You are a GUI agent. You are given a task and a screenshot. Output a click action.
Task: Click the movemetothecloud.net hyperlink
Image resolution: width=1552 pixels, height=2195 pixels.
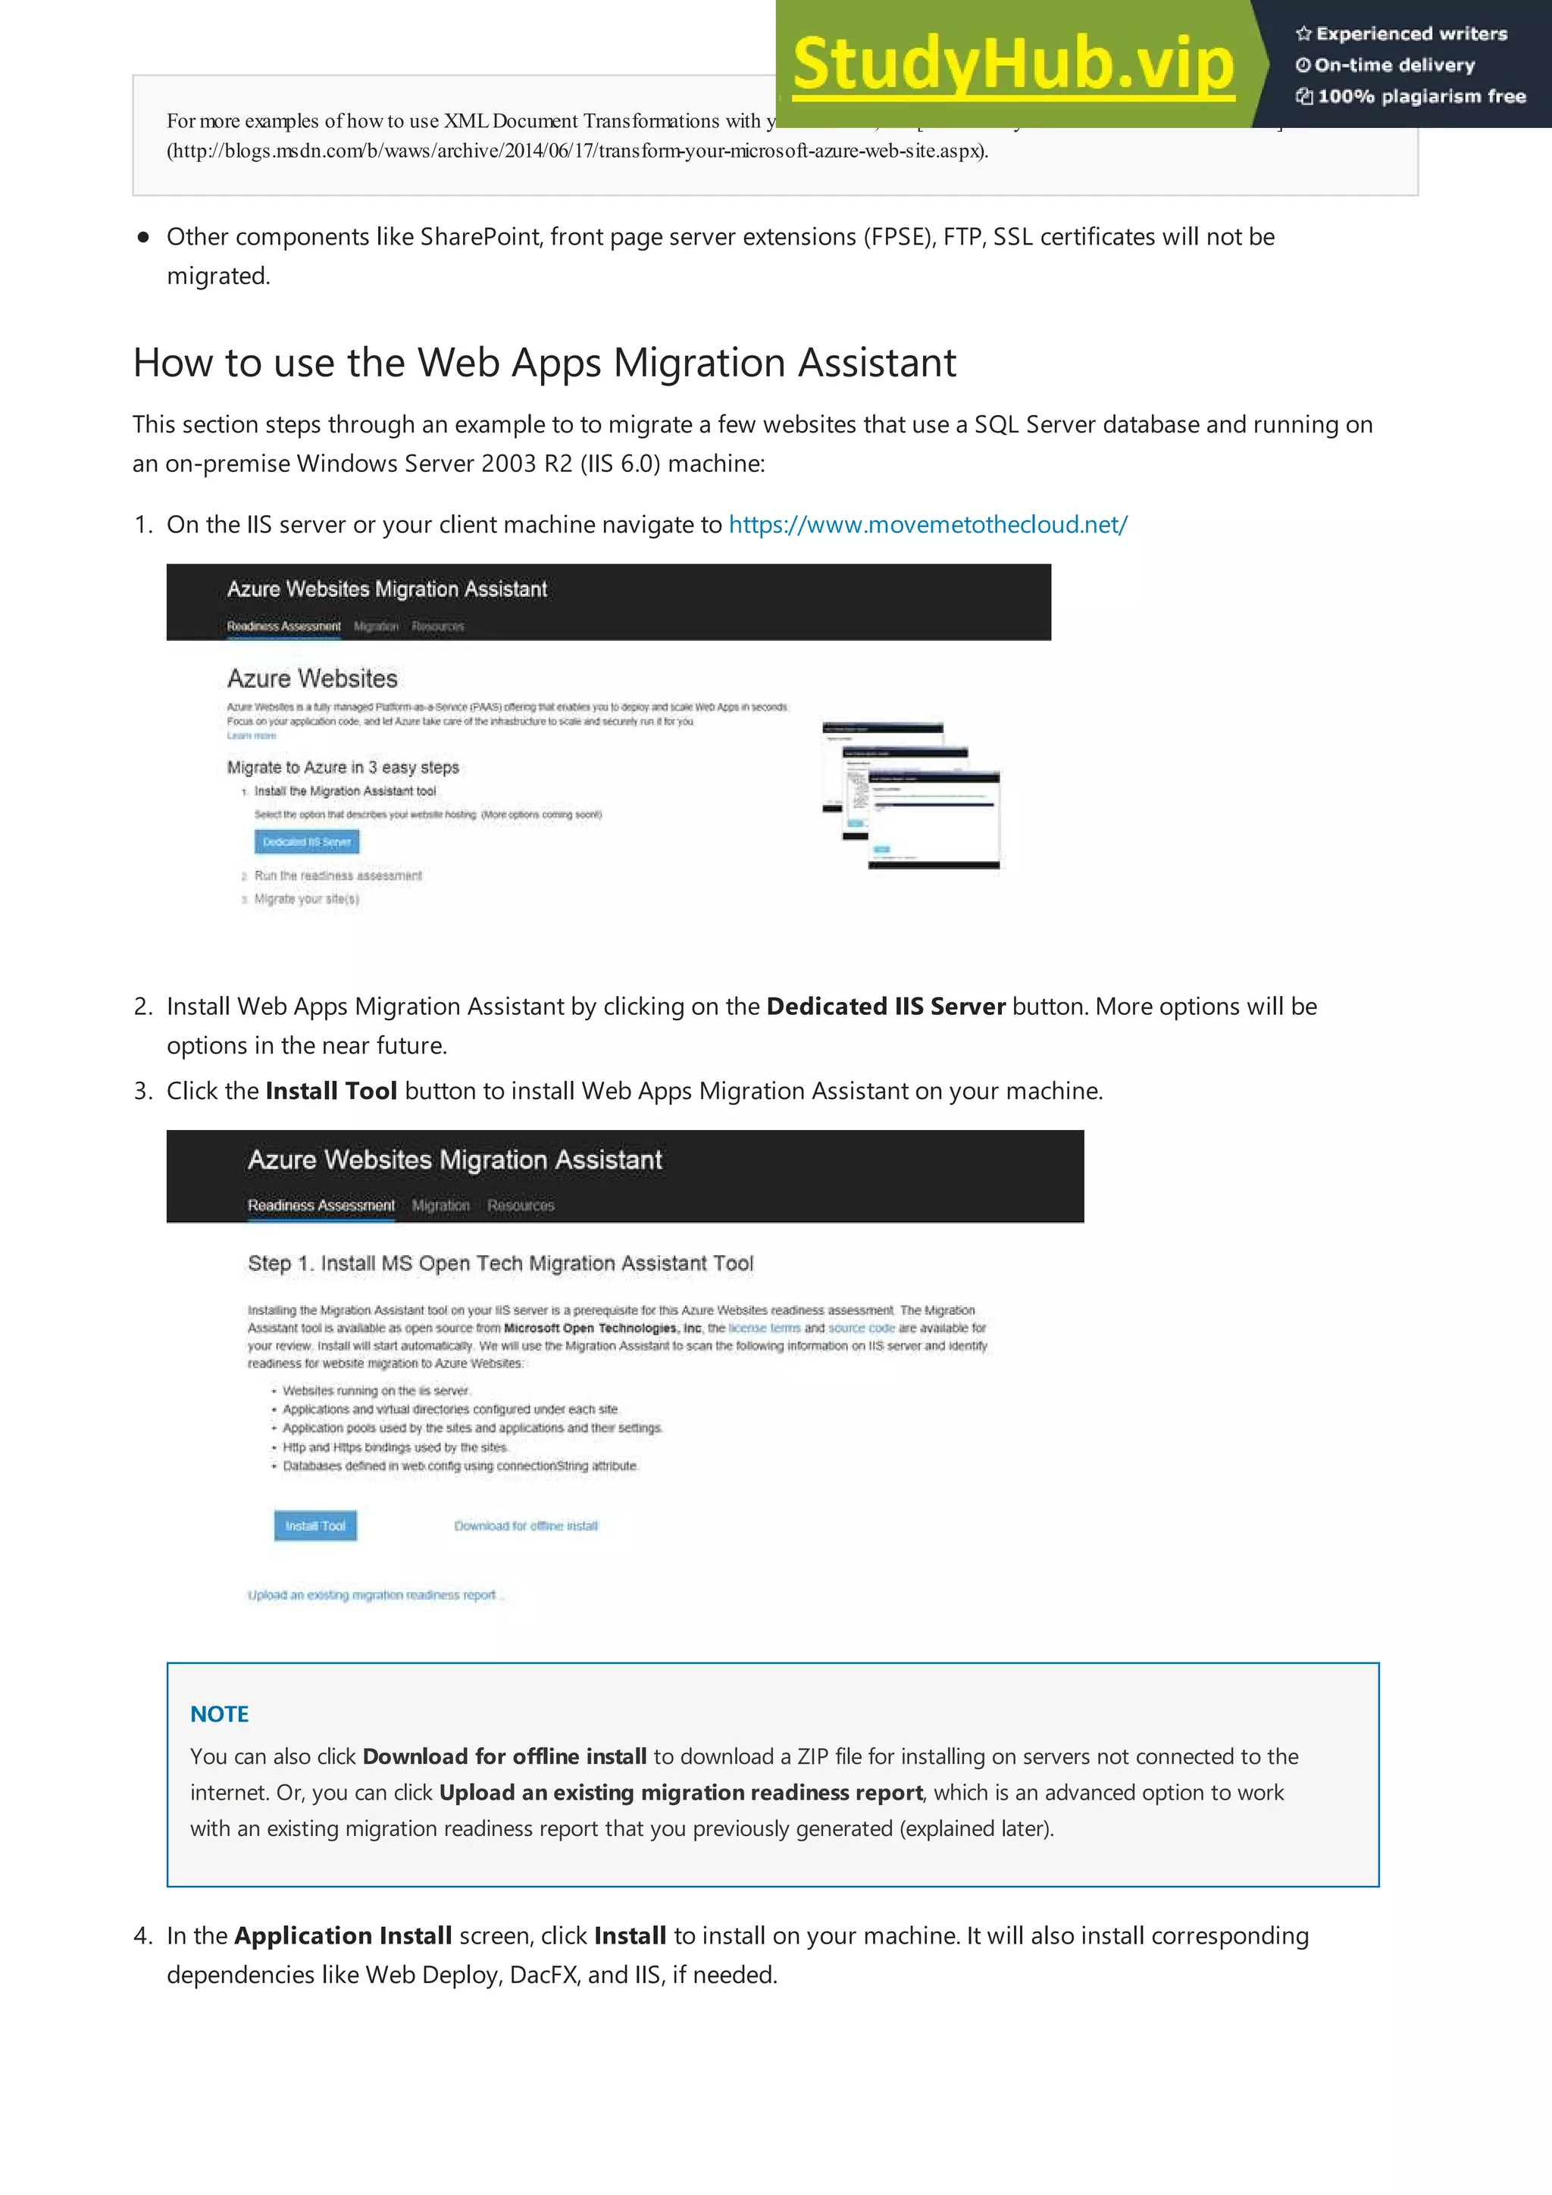(x=928, y=525)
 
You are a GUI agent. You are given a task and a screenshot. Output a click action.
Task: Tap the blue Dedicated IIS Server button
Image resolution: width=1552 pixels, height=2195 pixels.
(x=307, y=842)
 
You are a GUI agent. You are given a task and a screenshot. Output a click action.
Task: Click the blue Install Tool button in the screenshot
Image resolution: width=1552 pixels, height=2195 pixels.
(x=315, y=1525)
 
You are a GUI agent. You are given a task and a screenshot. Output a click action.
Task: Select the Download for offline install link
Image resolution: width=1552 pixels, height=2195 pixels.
(x=525, y=1525)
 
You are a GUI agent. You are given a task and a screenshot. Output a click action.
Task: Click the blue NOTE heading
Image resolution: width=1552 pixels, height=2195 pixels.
(x=219, y=1714)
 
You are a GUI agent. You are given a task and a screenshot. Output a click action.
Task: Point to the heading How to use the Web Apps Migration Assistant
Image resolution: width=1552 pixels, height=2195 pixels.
(x=544, y=364)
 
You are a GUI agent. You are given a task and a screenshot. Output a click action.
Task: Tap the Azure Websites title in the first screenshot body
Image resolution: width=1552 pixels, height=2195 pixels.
(x=311, y=679)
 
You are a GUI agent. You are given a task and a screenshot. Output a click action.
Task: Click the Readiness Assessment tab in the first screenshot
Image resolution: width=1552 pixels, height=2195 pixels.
(x=283, y=626)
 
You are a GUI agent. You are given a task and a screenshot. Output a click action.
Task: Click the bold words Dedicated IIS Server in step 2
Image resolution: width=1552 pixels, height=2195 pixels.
(x=885, y=1007)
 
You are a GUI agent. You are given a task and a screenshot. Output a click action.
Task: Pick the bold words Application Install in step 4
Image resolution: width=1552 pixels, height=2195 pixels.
(x=343, y=1936)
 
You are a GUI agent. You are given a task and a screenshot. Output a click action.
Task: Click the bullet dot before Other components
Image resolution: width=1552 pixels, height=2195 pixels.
(x=143, y=237)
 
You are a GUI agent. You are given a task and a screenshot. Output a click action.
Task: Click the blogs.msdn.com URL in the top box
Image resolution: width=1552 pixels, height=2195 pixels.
(x=577, y=151)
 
